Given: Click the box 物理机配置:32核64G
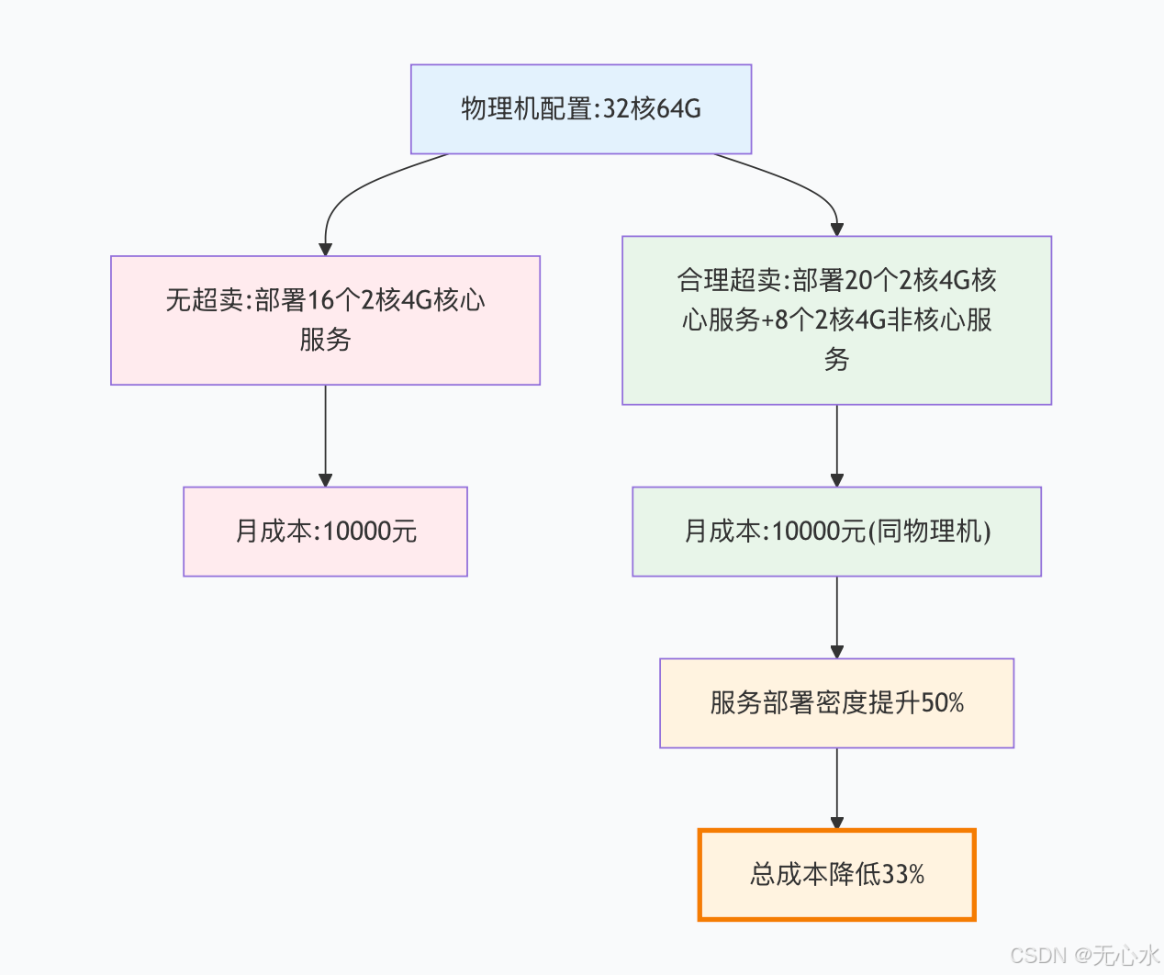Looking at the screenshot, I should point(581,109).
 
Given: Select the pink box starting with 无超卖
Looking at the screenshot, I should point(325,320).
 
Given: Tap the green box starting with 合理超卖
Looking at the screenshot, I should point(836,320).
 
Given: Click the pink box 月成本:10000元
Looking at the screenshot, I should point(325,532).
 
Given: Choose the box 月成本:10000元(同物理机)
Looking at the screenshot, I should point(836,532).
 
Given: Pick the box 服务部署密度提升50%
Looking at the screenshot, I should point(836,703).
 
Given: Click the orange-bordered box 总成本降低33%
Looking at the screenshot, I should point(836,875).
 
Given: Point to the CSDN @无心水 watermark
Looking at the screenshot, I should point(1084,955).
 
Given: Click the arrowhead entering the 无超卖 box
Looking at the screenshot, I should point(325,249).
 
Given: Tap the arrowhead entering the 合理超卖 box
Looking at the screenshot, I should point(836,230).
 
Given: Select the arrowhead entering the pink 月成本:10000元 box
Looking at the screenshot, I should point(325,480).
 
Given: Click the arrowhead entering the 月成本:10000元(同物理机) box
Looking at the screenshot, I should point(836,480).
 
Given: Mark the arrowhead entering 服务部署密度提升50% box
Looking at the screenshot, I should point(836,652).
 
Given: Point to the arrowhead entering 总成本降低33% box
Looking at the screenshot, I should point(836,823).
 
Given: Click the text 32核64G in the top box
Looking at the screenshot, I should point(652,109).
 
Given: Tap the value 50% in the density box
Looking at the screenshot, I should point(942,703).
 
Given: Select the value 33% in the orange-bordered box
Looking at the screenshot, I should point(902,875).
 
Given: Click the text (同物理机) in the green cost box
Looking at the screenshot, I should point(930,532).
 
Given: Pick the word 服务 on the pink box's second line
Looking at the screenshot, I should point(325,340).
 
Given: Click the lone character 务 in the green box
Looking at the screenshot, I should point(836,359).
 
